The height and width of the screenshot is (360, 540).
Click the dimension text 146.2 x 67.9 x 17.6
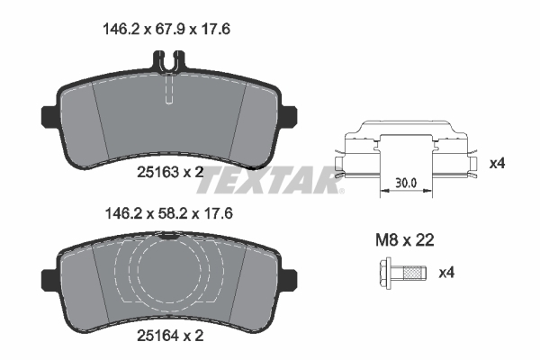(x=166, y=30)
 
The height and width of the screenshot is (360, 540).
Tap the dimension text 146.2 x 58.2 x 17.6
(x=169, y=213)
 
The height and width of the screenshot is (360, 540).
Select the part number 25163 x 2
(x=170, y=172)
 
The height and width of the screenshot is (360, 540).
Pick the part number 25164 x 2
(x=170, y=335)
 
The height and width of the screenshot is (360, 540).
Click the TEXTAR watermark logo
(x=269, y=180)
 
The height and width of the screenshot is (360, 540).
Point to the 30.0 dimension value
(x=406, y=183)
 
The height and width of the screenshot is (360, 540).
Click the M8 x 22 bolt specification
(x=404, y=239)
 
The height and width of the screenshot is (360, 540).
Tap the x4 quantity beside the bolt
(x=446, y=273)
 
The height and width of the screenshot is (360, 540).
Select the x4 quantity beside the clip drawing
(x=497, y=163)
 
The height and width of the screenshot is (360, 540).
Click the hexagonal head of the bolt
(x=385, y=274)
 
